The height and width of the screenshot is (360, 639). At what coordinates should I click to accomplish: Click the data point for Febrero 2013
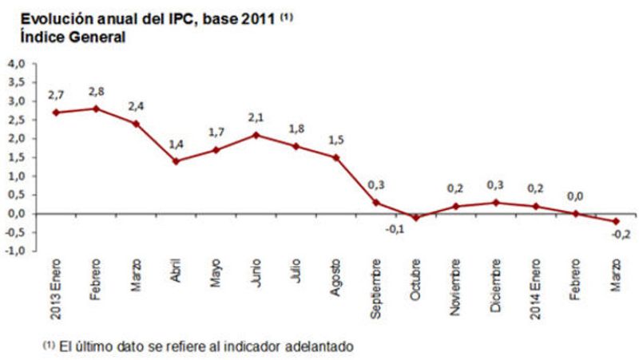pyautogui.click(x=96, y=109)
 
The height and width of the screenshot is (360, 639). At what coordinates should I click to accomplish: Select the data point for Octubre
pyautogui.click(x=415, y=217)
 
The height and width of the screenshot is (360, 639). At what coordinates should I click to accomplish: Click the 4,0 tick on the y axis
pyautogui.click(x=17, y=63)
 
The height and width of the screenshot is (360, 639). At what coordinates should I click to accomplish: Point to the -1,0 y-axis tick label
pyautogui.click(x=15, y=251)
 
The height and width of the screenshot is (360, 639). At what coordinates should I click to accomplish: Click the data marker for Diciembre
pyautogui.click(x=496, y=203)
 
